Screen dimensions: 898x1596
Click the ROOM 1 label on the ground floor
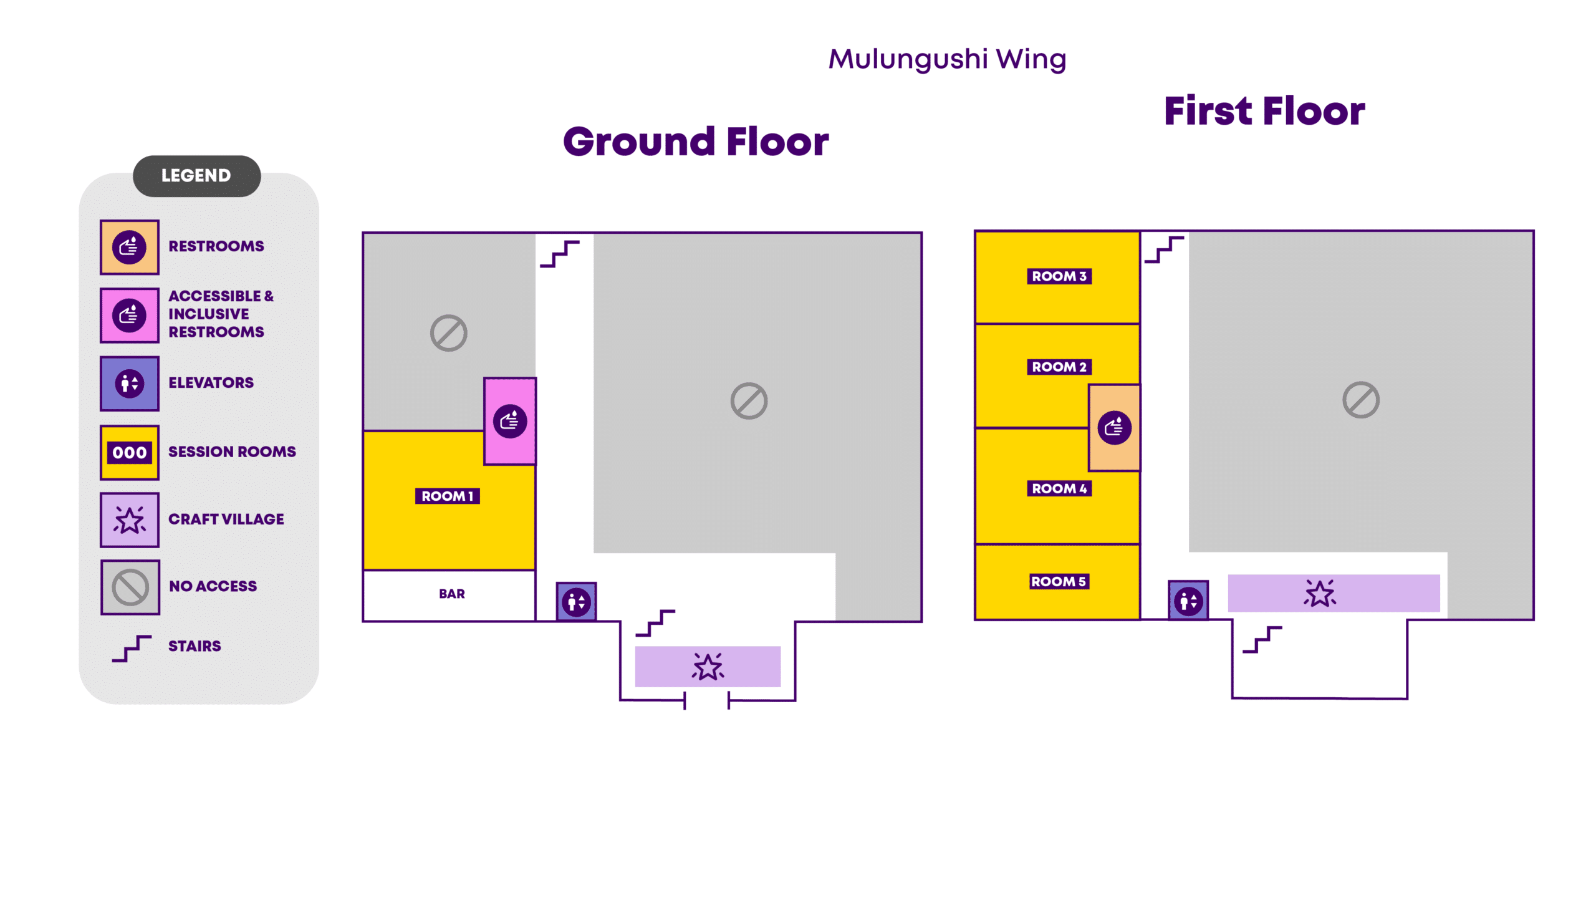click(x=447, y=496)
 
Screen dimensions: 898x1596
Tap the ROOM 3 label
click(x=1059, y=276)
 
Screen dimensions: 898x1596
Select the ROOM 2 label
click(x=1059, y=367)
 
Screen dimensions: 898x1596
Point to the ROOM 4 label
click(x=1059, y=488)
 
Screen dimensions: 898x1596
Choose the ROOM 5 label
click(x=1058, y=581)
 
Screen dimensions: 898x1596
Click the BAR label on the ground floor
click(x=451, y=594)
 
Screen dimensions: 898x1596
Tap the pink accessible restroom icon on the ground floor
click(x=510, y=422)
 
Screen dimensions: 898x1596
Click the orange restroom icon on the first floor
click(x=1114, y=428)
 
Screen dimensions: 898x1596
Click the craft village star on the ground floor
click(x=708, y=667)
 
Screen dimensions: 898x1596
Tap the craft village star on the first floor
click(x=1319, y=593)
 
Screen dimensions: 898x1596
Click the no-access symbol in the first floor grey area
click(x=1360, y=400)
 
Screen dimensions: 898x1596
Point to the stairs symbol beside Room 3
click(x=1163, y=249)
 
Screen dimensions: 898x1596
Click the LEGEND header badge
click(x=196, y=176)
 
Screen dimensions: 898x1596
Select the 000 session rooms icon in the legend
click(x=130, y=452)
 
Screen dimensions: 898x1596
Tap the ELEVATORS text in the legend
click(x=211, y=383)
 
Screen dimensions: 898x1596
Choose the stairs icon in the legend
click(x=132, y=648)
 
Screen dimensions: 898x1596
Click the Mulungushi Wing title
click(x=946, y=60)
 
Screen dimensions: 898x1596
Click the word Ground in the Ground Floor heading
click(x=638, y=142)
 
